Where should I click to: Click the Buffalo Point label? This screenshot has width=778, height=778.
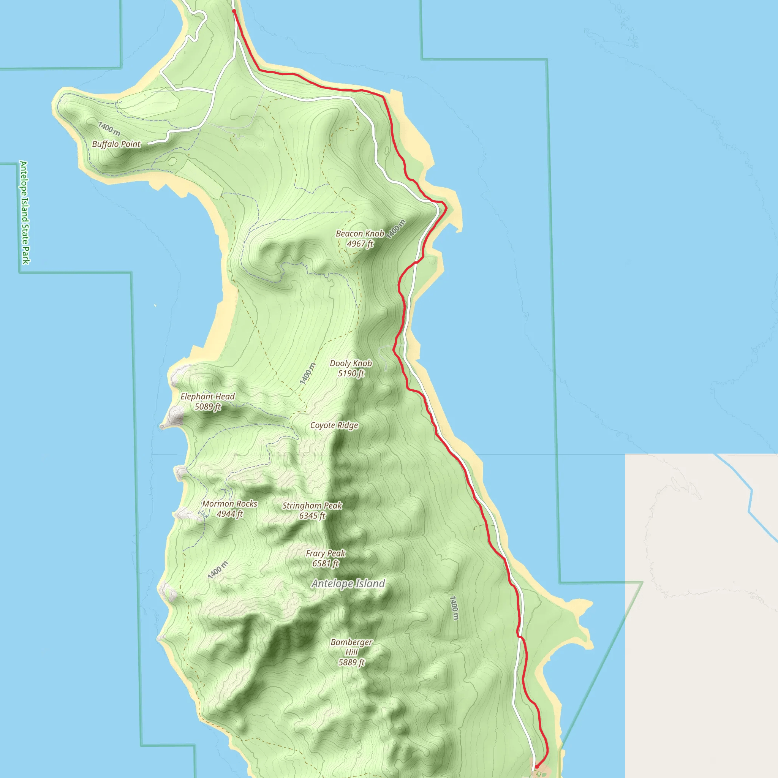point(116,144)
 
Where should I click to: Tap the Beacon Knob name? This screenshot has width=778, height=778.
point(360,234)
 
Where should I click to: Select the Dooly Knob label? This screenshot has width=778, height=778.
point(351,363)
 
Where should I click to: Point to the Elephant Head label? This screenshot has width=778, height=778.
point(207,397)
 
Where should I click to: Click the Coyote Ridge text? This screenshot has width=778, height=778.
point(334,425)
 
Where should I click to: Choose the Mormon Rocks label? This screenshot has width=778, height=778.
point(229,504)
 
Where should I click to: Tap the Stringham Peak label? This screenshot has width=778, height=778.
point(312,506)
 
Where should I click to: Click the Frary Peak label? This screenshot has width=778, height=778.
point(326,554)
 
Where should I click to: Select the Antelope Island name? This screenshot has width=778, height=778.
point(348,583)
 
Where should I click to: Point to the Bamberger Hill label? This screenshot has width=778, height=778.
point(351,647)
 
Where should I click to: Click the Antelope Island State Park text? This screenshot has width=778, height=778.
point(25,213)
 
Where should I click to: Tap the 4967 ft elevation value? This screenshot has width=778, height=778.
point(360,244)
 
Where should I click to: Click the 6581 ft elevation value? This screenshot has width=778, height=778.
point(326,564)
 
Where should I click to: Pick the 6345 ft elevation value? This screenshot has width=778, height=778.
point(312,516)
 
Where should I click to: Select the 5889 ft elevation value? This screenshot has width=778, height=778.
point(351,663)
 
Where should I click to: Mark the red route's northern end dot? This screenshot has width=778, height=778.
point(234,11)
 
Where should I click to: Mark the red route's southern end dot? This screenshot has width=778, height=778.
point(536,767)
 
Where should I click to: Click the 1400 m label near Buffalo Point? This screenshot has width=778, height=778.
point(109,129)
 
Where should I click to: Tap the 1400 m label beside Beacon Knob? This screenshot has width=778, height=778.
point(396,229)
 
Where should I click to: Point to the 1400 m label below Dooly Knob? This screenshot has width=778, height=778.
point(307,373)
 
